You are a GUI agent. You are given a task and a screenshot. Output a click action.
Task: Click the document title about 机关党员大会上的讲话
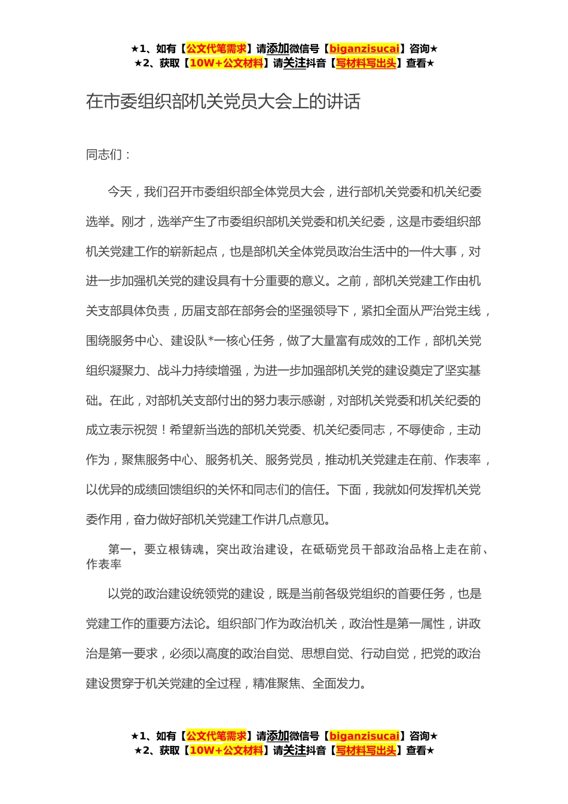(223, 102)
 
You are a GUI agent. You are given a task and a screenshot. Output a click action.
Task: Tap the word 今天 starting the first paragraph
(120, 192)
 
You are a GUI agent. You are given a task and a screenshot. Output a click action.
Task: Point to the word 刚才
(133, 222)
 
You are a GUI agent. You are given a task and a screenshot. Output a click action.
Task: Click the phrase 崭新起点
(193, 252)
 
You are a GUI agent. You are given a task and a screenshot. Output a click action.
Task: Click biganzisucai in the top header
(364, 49)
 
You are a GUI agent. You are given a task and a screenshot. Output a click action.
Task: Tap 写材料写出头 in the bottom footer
(366, 751)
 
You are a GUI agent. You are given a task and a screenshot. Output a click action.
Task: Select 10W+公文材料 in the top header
(226, 63)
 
